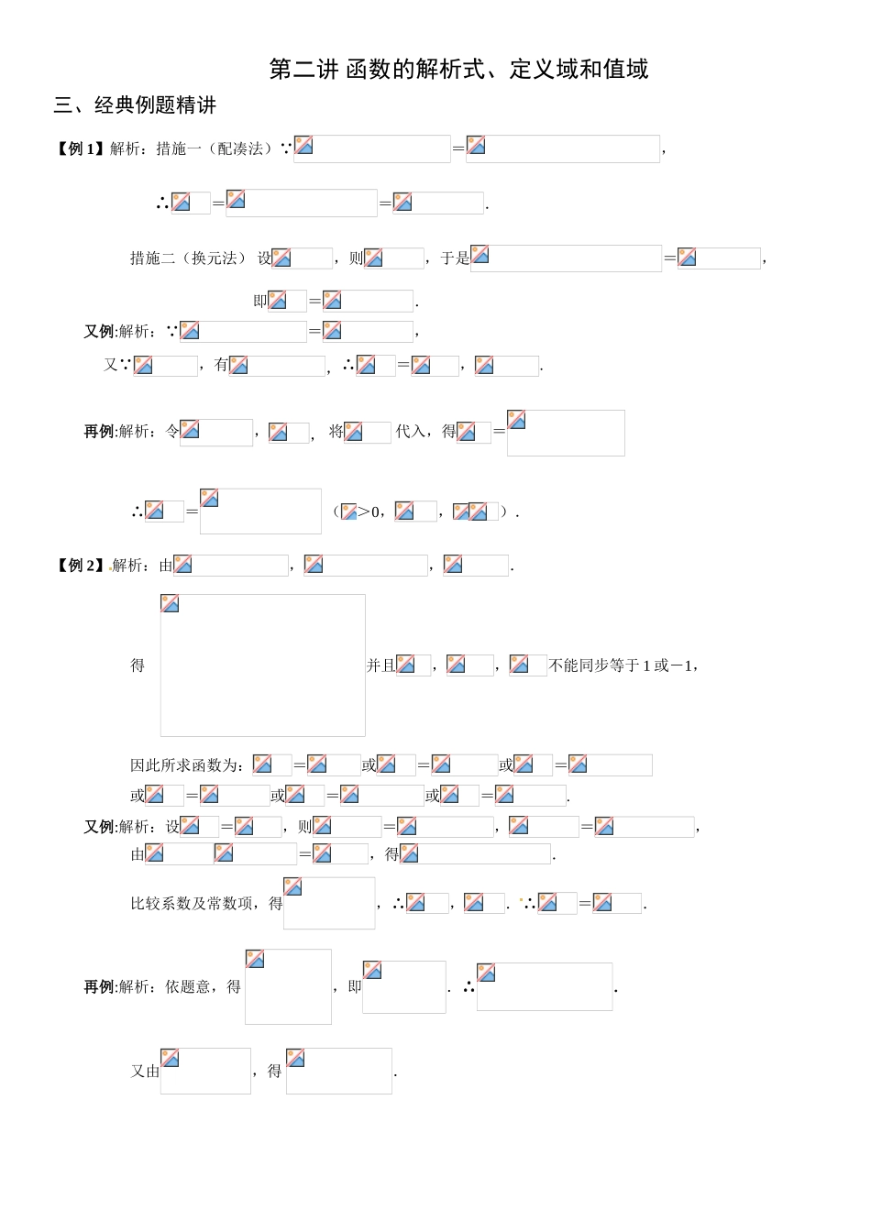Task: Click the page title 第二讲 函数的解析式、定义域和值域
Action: click(458, 70)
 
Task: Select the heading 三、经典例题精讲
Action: click(135, 105)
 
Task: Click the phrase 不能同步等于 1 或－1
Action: click(621, 665)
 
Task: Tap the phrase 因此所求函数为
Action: click(183, 765)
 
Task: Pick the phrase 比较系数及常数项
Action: click(191, 903)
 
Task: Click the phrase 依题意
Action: click(188, 986)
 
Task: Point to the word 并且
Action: click(380, 665)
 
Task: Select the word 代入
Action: click(410, 431)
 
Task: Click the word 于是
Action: click(455, 258)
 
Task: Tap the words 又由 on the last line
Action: click(145, 1071)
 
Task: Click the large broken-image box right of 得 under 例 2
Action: click(263, 665)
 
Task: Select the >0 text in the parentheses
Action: click(368, 512)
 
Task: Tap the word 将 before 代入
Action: click(336, 431)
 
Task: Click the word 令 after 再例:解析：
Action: click(172, 431)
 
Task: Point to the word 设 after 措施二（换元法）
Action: click(265, 258)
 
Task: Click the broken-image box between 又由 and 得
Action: click(205, 1071)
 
